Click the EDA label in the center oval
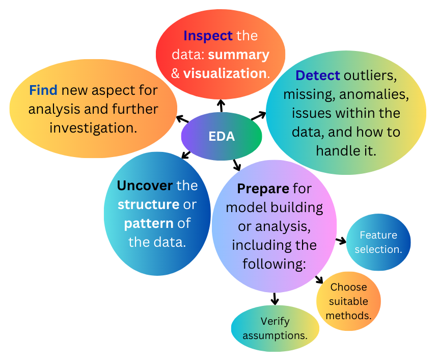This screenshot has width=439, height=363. coord(222,137)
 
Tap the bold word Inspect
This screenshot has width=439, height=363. coord(208,36)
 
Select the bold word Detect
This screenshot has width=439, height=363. coord(318,76)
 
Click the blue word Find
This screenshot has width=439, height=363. coord(43,90)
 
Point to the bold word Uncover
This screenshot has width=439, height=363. coord(145,185)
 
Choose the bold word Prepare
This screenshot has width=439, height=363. coord(263,189)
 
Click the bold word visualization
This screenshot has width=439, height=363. coord(225,73)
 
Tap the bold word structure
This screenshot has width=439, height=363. coord(148,204)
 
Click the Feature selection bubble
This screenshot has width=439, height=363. coord(378,242)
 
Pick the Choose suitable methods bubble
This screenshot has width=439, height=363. coord(348,301)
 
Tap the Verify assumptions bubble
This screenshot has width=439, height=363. coord(275,328)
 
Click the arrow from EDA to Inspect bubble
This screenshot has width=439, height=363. coord(221,106)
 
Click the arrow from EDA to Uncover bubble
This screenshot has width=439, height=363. coord(186,154)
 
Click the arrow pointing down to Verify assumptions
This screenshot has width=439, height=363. coord(275,298)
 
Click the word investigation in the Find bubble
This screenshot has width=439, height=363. coord(93,127)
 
